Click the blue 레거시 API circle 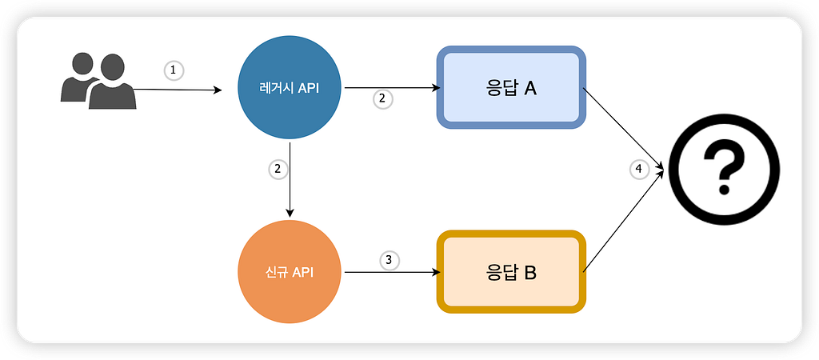[289, 88]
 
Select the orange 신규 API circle [289, 272]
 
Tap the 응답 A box [511, 87]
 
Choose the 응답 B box [511, 272]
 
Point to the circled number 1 [174, 70]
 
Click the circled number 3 [390, 260]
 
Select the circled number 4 [639, 170]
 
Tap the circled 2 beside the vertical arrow [278, 170]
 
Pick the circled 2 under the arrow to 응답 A [383, 99]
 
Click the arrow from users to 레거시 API [178, 90]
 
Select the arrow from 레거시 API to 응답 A [390, 88]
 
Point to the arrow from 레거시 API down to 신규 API [290, 178]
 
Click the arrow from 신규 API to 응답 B [390, 272]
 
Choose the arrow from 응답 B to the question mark [624, 221]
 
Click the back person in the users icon [78, 76]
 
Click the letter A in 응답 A [529, 88]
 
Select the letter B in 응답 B [529, 273]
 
